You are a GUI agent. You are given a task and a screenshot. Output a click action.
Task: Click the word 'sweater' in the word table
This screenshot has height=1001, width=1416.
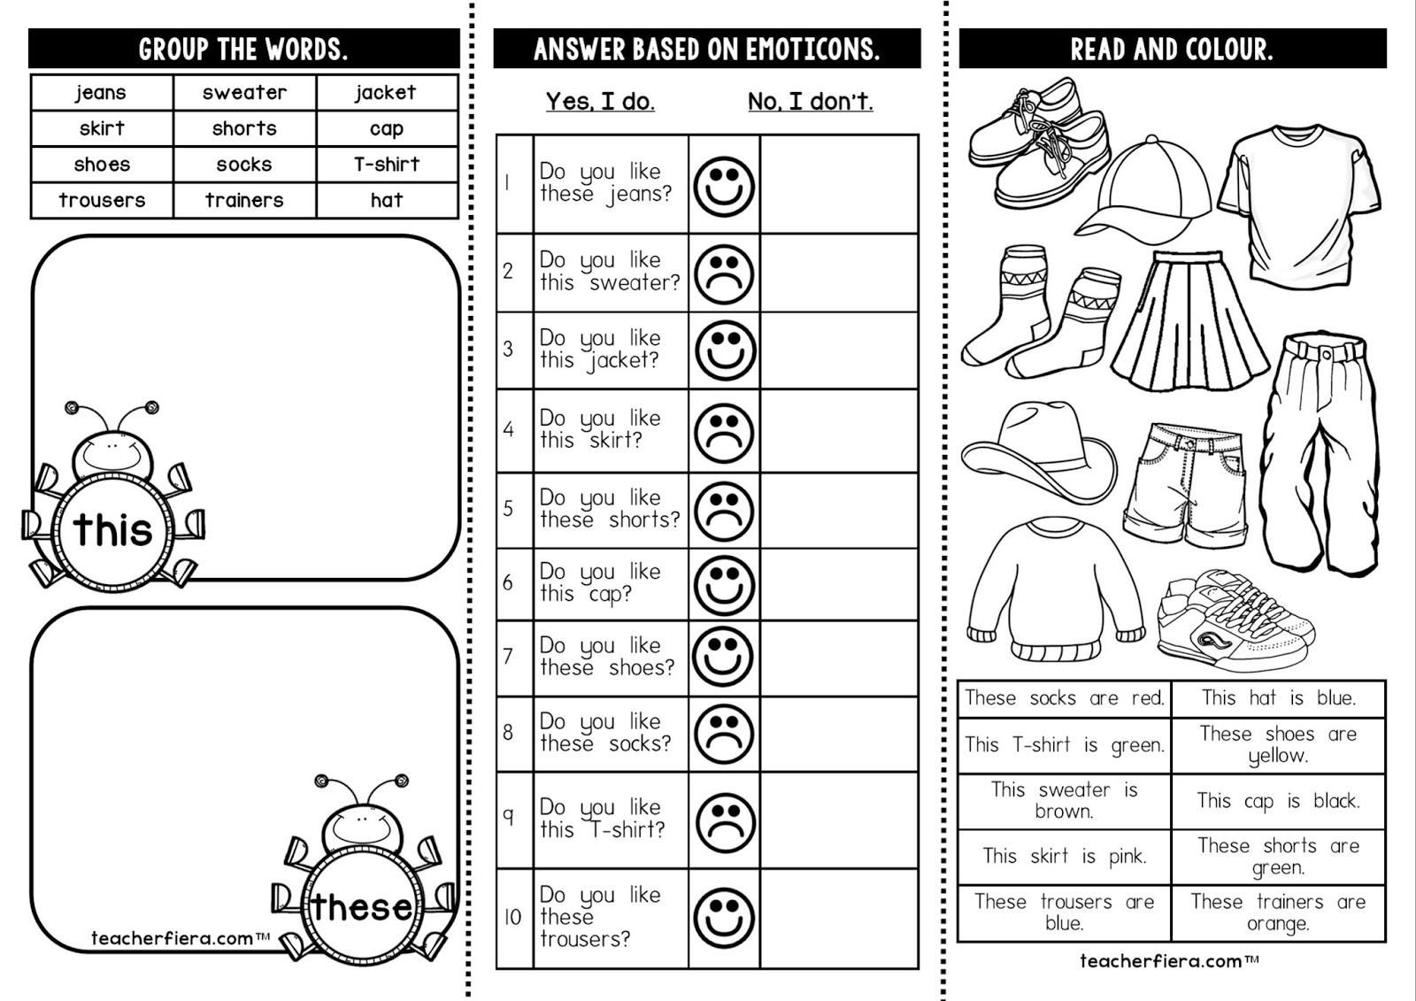(x=244, y=93)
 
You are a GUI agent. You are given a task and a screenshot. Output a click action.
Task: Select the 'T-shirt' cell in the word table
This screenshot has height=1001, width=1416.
(x=387, y=165)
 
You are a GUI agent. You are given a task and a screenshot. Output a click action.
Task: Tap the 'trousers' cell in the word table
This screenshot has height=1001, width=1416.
(x=102, y=200)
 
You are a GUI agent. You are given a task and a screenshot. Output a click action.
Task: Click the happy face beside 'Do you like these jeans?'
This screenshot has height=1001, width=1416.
(x=724, y=186)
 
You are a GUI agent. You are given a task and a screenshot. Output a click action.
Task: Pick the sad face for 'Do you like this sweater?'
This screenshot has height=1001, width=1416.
(x=724, y=273)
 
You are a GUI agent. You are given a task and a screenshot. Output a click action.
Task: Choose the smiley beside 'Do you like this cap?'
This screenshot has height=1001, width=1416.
(x=724, y=584)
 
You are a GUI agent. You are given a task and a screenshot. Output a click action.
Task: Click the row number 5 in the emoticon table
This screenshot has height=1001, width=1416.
(x=508, y=509)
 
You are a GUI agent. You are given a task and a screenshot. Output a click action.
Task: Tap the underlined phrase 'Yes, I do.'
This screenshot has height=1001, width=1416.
(x=600, y=102)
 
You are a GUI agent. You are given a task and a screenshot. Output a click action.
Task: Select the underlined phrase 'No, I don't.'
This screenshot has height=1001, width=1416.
(x=810, y=102)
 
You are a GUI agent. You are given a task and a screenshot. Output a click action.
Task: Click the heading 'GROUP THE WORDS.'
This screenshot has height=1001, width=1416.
(x=243, y=50)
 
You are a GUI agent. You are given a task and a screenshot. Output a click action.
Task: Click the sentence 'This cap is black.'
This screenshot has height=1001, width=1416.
(x=1278, y=802)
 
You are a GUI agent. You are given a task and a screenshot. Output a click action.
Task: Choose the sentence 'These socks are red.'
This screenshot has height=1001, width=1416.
(x=1064, y=698)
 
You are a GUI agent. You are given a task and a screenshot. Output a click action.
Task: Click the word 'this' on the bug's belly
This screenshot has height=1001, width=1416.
(x=112, y=530)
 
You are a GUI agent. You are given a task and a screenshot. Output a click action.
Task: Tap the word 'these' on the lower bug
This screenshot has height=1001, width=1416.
(x=361, y=907)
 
